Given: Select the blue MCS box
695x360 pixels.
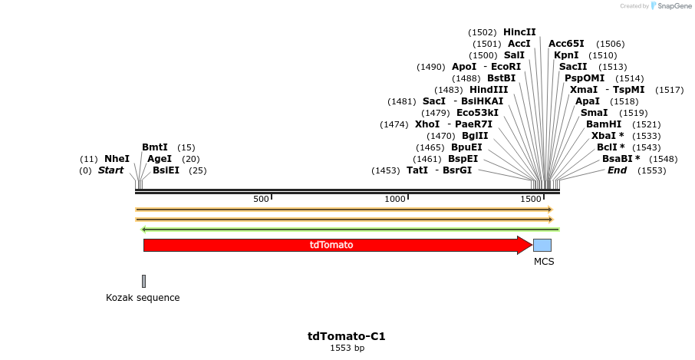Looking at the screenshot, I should point(542,246).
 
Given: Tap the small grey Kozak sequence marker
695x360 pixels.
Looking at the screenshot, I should point(143,281).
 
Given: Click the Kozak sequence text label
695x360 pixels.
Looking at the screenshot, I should point(143,298).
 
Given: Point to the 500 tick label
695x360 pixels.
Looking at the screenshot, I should point(261,200).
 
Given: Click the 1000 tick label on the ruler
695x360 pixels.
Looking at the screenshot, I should point(395,200).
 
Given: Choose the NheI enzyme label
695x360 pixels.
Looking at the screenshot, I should point(117,159).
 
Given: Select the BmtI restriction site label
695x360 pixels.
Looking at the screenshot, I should point(155,147).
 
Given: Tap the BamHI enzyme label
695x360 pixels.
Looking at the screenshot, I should point(603,124).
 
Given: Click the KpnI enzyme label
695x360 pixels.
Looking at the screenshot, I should point(566,55).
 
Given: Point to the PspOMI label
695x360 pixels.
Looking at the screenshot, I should point(585,78).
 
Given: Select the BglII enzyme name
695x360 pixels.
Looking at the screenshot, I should point(475,136).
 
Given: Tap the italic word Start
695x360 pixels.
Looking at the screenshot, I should point(110,170).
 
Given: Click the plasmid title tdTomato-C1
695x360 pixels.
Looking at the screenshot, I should point(347,336).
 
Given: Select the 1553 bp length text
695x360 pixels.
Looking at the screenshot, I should point(347,348).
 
